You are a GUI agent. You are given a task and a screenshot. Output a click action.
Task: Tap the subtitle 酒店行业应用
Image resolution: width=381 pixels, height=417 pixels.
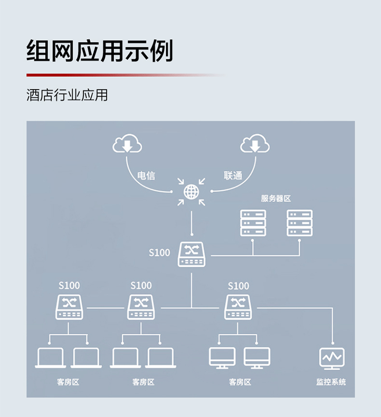(x=67, y=95)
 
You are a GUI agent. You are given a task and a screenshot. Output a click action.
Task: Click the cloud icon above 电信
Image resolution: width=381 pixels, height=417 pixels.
(x=127, y=144)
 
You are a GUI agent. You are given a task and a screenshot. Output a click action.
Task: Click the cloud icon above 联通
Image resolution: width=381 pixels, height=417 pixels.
(x=255, y=144)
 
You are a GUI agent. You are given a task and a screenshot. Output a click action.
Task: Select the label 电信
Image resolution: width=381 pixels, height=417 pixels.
(x=146, y=176)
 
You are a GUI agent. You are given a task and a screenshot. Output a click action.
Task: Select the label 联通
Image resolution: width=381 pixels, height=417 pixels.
(x=233, y=176)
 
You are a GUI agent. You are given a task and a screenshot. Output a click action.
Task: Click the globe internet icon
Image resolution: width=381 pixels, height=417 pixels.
(x=192, y=192)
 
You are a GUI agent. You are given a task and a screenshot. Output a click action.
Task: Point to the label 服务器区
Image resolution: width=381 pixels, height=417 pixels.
(x=276, y=198)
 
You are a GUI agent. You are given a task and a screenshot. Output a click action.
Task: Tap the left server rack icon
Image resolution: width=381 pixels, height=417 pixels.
(x=253, y=223)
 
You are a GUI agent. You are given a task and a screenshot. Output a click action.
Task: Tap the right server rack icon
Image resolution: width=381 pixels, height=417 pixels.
(x=300, y=223)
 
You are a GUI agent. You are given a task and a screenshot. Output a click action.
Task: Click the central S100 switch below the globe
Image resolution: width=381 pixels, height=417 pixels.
(x=192, y=254)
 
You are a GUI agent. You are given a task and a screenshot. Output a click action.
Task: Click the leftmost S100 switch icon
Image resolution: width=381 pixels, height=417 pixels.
(x=69, y=307)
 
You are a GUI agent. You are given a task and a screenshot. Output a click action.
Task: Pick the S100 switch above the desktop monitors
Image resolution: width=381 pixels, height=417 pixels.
(x=238, y=307)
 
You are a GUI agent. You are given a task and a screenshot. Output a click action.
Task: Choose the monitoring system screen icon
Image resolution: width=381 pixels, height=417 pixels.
(x=332, y=358)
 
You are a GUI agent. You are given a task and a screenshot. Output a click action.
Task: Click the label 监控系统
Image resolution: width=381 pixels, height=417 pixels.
(x=331, y=382)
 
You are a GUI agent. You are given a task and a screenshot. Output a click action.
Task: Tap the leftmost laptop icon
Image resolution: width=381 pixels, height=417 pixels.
(x=50, y=358)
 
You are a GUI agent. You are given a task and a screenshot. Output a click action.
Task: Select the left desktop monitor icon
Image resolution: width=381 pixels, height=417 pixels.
(x=222, y=358)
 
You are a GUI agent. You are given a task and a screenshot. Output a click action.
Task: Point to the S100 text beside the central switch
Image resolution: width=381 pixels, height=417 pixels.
(x=160, y=253)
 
